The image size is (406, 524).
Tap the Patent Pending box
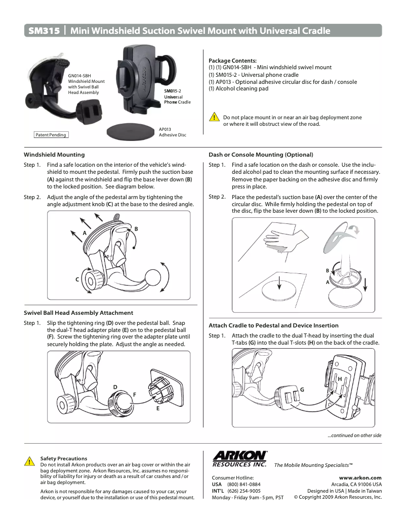(51, 135)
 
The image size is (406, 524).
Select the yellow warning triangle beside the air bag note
(215, 118)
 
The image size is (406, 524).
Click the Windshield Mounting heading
(54, 155)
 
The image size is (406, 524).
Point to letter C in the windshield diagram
(77, 279)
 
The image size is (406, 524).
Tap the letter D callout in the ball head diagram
(115, 387)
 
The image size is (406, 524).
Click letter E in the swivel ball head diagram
(158, 408)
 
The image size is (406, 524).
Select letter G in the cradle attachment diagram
(302, 390)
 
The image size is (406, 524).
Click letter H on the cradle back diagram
(340, 378)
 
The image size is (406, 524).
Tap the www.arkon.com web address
(360, 478)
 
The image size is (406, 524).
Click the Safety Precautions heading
(63, 458)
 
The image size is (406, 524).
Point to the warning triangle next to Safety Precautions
(29, 461)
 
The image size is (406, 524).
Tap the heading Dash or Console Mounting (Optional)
(261, 155)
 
